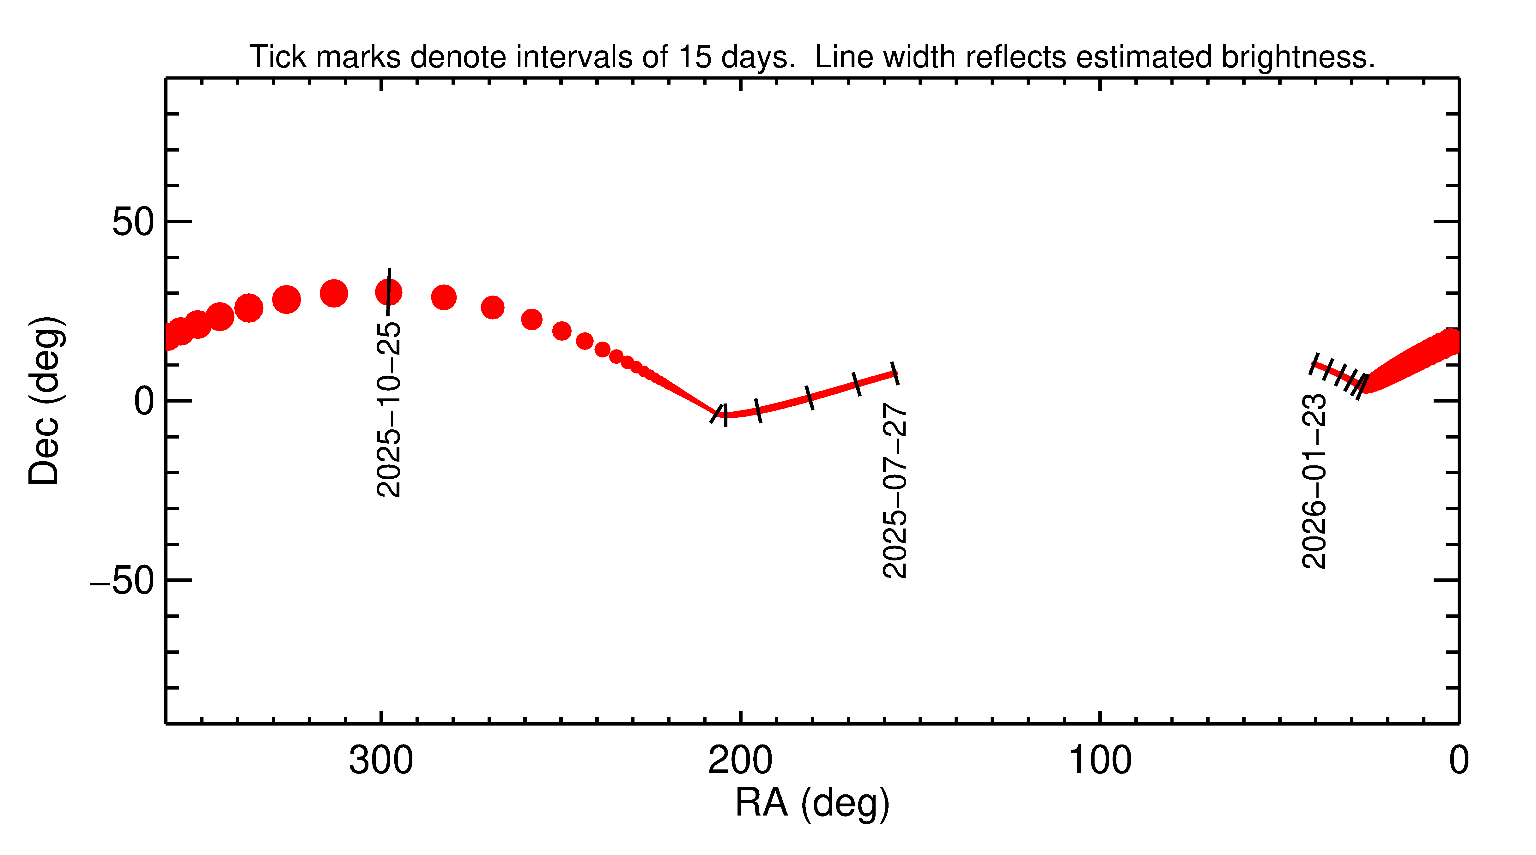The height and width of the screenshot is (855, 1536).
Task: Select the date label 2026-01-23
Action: [1314, 481]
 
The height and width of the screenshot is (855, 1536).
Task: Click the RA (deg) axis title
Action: [812, 803]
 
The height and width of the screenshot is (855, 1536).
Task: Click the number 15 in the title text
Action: [695, 57]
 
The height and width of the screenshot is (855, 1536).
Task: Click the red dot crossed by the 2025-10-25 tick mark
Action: [389, 292]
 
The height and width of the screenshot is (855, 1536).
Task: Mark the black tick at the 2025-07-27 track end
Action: [895, 374]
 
